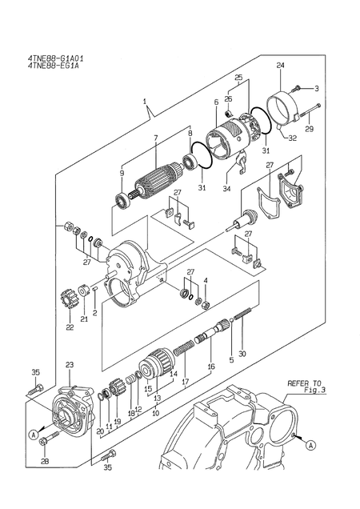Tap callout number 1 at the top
coord(145,102)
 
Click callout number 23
coord(69,364)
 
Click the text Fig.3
coord(306,391)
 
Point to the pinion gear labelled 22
coord(67,305)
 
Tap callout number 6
coord(216,102)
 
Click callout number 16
coord(211,366)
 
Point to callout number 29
coord(310,129)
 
